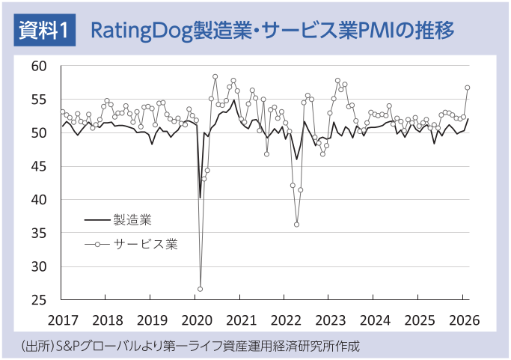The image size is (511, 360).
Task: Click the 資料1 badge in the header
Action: (x=44, y=31)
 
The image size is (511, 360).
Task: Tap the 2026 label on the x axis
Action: (x=464, y=320)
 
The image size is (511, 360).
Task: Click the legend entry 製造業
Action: (x=133, y=220)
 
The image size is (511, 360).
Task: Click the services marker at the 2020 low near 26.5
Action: (x=200, y=289)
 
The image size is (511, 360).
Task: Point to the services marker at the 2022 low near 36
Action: (x=296, y=225)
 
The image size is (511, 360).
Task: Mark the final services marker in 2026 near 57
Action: (x=467, y=88)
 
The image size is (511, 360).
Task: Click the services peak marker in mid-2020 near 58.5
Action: (x=215, y=76)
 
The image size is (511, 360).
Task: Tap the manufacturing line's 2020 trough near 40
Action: (x=200, y=198)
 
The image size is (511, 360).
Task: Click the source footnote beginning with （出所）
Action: (x=191, y=347)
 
